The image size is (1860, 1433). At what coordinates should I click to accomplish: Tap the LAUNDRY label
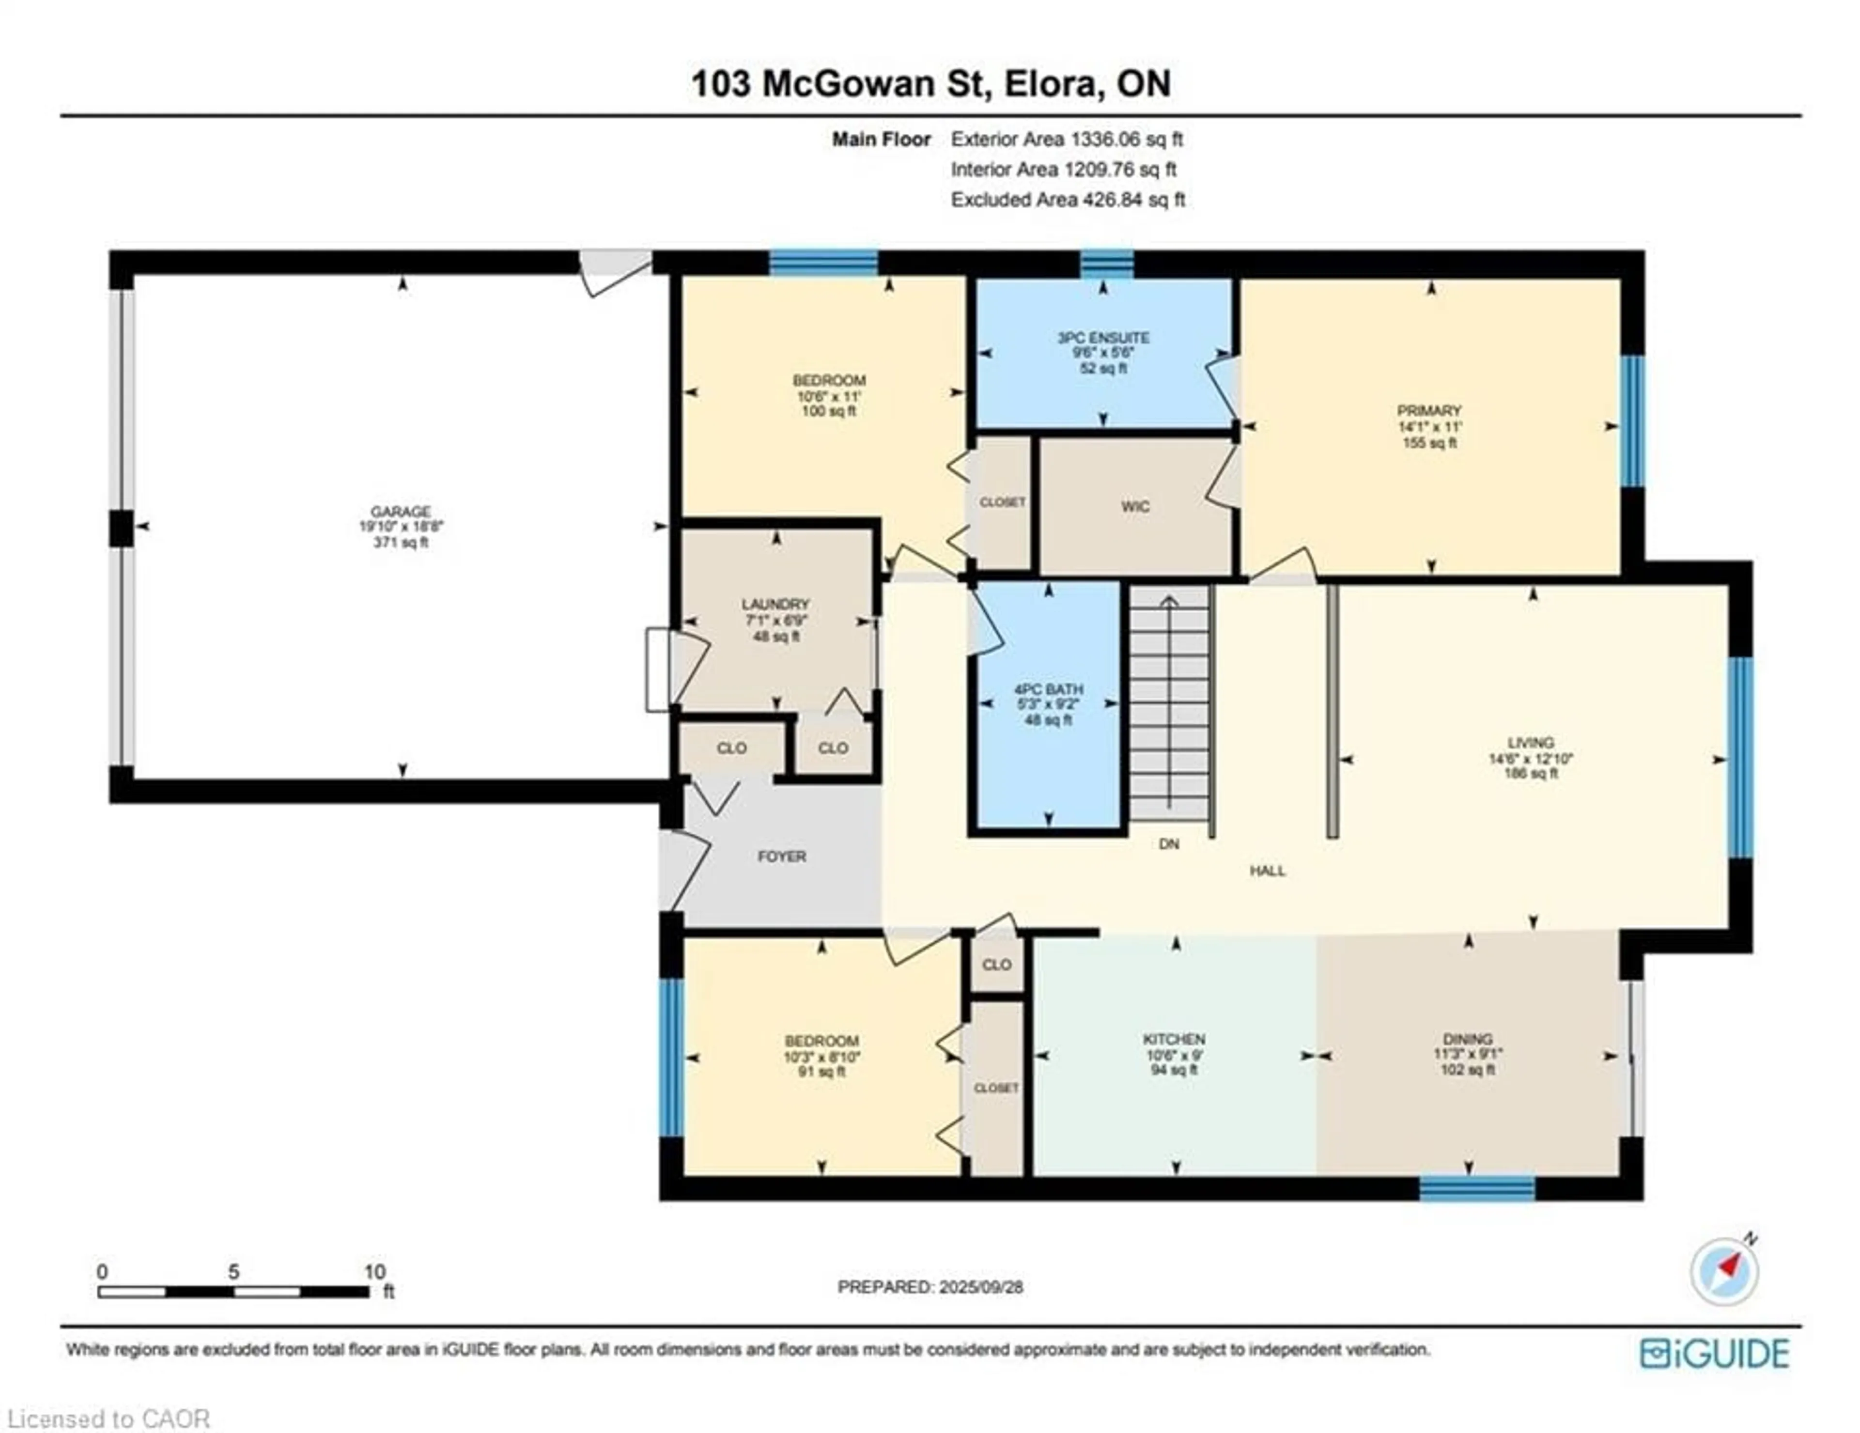click(775, 604)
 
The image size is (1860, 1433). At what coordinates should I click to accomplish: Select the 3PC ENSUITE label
click(1103, 337)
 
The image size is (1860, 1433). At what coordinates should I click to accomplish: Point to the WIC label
click(1135, 506)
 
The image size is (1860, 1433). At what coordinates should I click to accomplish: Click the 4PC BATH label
click(1048, 688)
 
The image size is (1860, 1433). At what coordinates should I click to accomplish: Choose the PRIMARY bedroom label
click(1429, 411)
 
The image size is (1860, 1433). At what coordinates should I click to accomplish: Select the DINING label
click(1467, 1039)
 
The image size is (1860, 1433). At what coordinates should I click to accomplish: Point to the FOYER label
click(782, 856)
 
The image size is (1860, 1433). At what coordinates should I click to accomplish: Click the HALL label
click(1267, 871)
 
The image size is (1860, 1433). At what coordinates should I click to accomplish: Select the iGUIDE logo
click(1714, 1354)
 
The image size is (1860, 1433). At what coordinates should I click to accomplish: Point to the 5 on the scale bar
click(233, 1271)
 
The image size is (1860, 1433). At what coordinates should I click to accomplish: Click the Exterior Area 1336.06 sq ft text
click(1067, 139)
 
